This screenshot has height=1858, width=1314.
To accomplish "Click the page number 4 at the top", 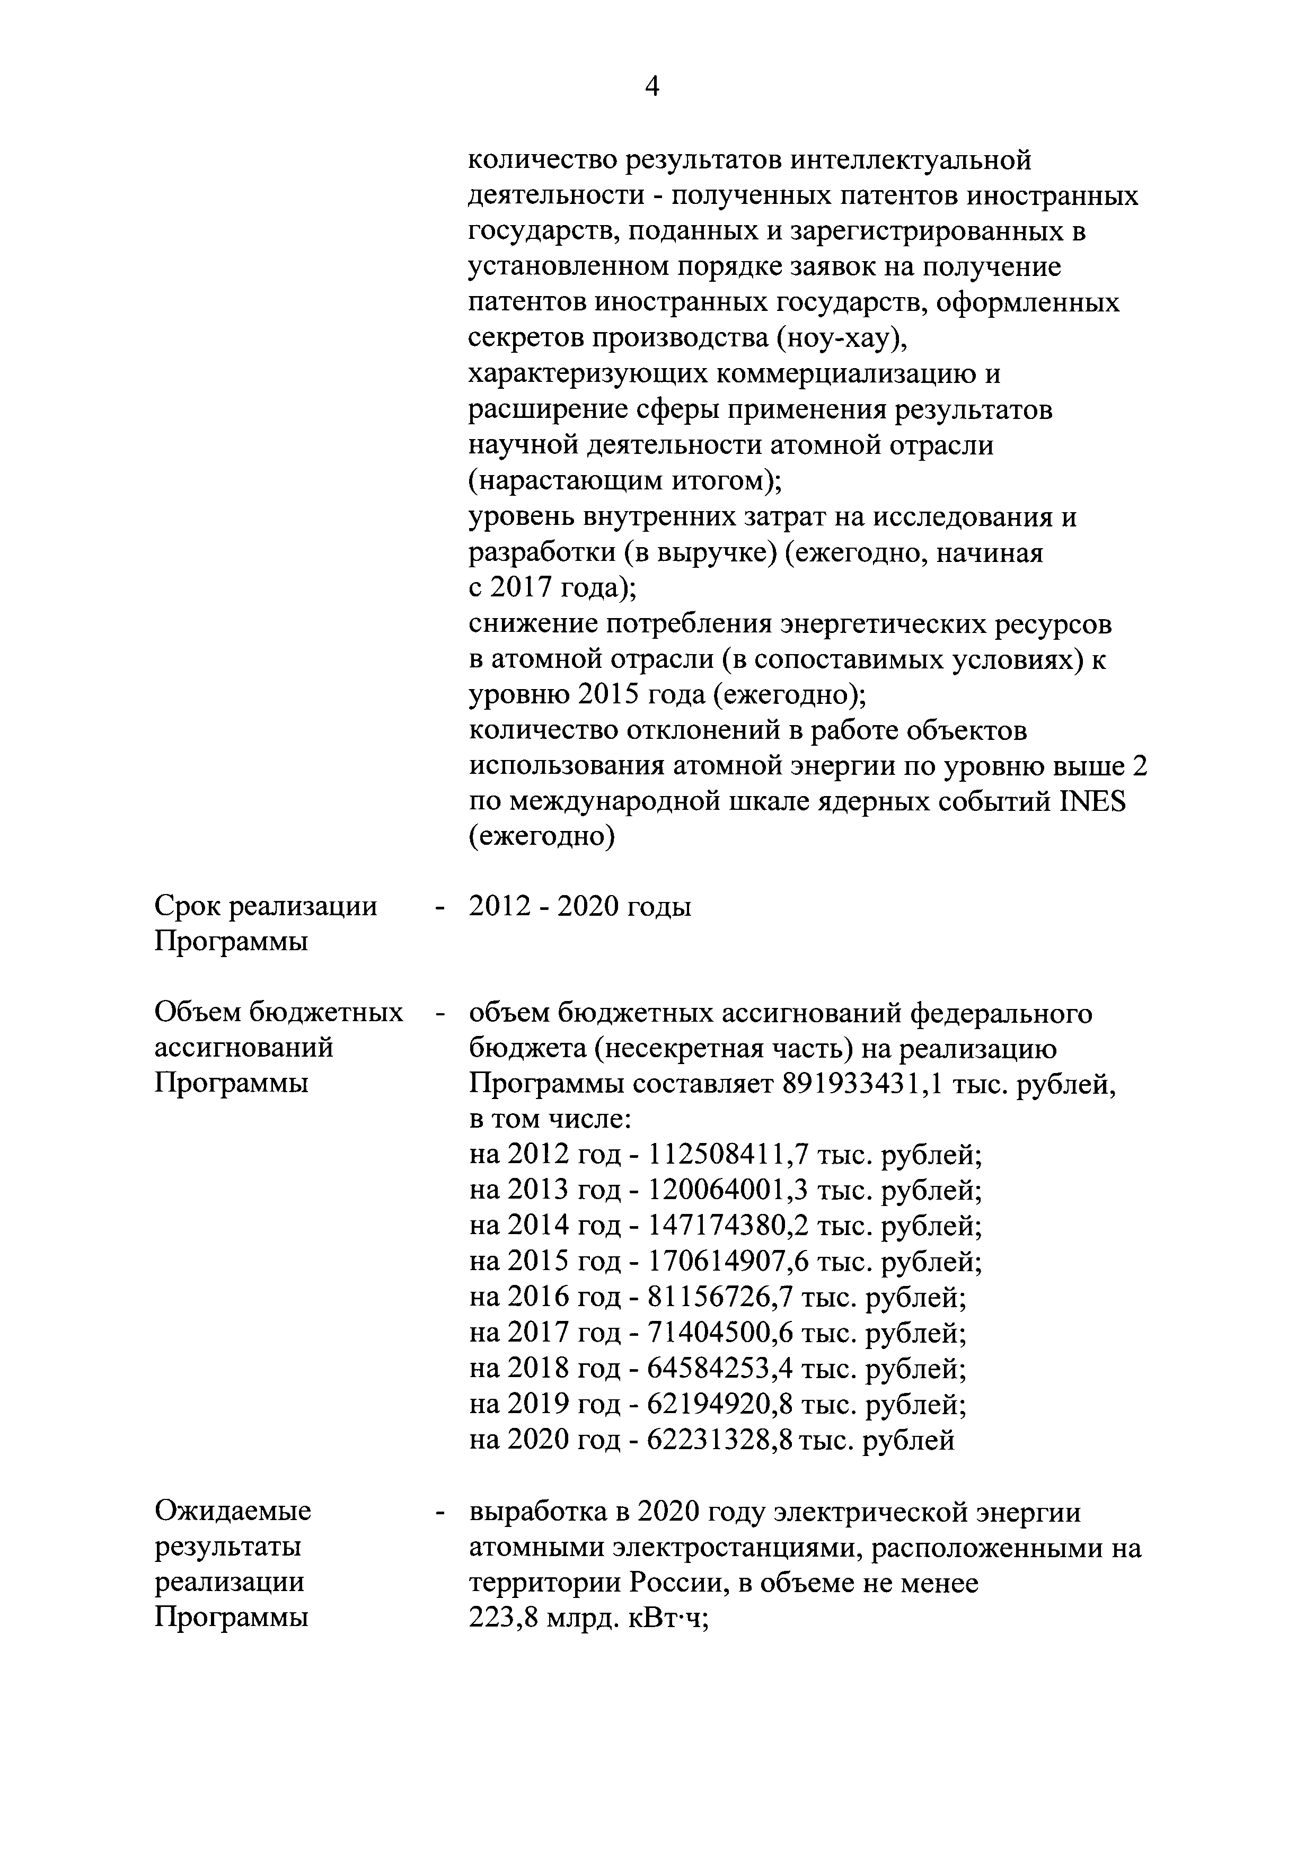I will pyautogui.click(x=652, y=86).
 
